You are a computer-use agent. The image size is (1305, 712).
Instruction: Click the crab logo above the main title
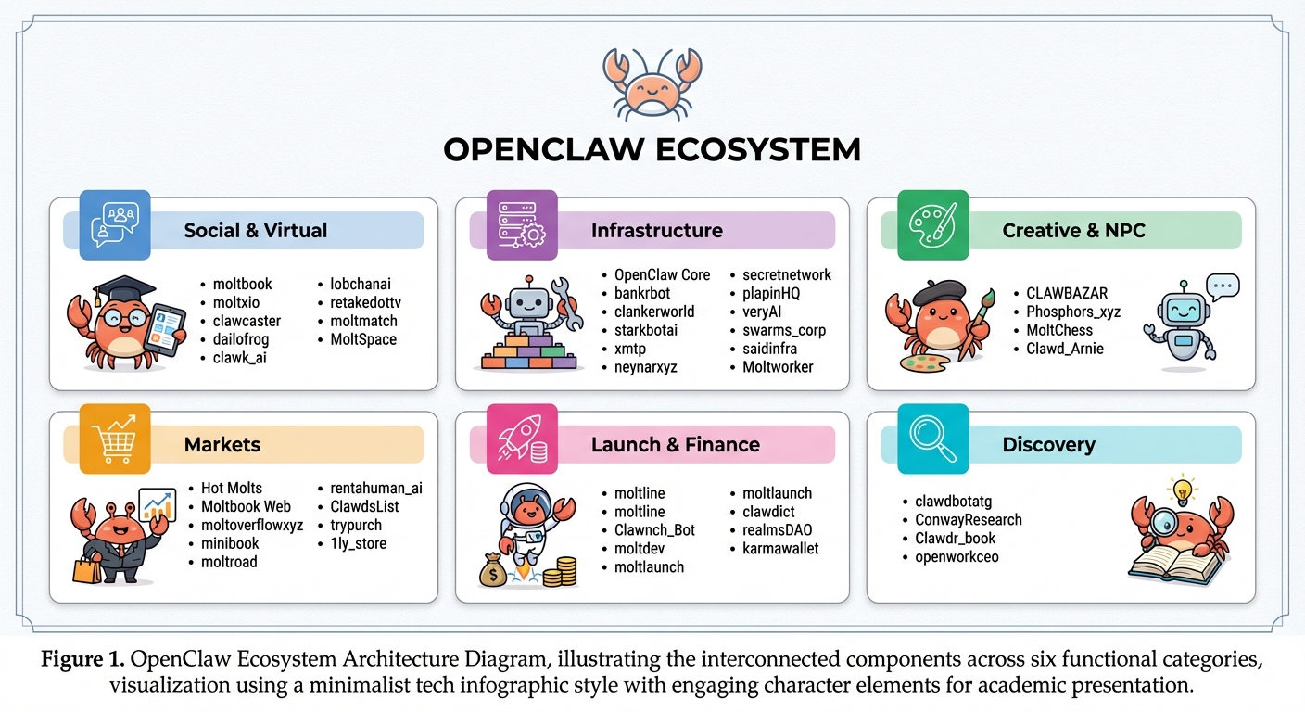tap(652, 83)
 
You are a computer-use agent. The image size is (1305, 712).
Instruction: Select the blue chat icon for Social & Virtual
tap(115, 224)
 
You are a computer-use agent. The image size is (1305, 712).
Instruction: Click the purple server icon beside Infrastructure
tap(523, 224)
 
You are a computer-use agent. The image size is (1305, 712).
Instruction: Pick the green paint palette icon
tap(933, 224)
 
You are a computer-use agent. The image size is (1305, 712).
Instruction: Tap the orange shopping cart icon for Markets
tap(115, 439)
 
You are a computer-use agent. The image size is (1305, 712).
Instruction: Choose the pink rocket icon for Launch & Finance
tap(523, 439)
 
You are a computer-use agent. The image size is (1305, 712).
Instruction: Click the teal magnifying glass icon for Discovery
tap(933, 439)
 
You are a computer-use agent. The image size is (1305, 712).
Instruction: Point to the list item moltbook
tap(243, 284)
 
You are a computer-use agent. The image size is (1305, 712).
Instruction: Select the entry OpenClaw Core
tap(662, 274)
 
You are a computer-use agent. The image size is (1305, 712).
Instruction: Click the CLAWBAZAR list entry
tap(1067, 293)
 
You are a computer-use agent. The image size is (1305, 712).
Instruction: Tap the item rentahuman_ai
tap(370, 488)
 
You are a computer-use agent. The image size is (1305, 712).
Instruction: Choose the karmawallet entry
tap(780, 548)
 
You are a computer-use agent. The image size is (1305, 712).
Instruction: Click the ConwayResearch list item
tap(969, 520)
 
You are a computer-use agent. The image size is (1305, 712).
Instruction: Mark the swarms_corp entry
tap(784, 330)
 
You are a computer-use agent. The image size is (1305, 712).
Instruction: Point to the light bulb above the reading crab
tap(1182, 488)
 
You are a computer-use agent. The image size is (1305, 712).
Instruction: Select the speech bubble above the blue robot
tap(1223, 286)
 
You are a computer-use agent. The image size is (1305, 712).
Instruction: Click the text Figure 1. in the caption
tap(83, 660)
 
